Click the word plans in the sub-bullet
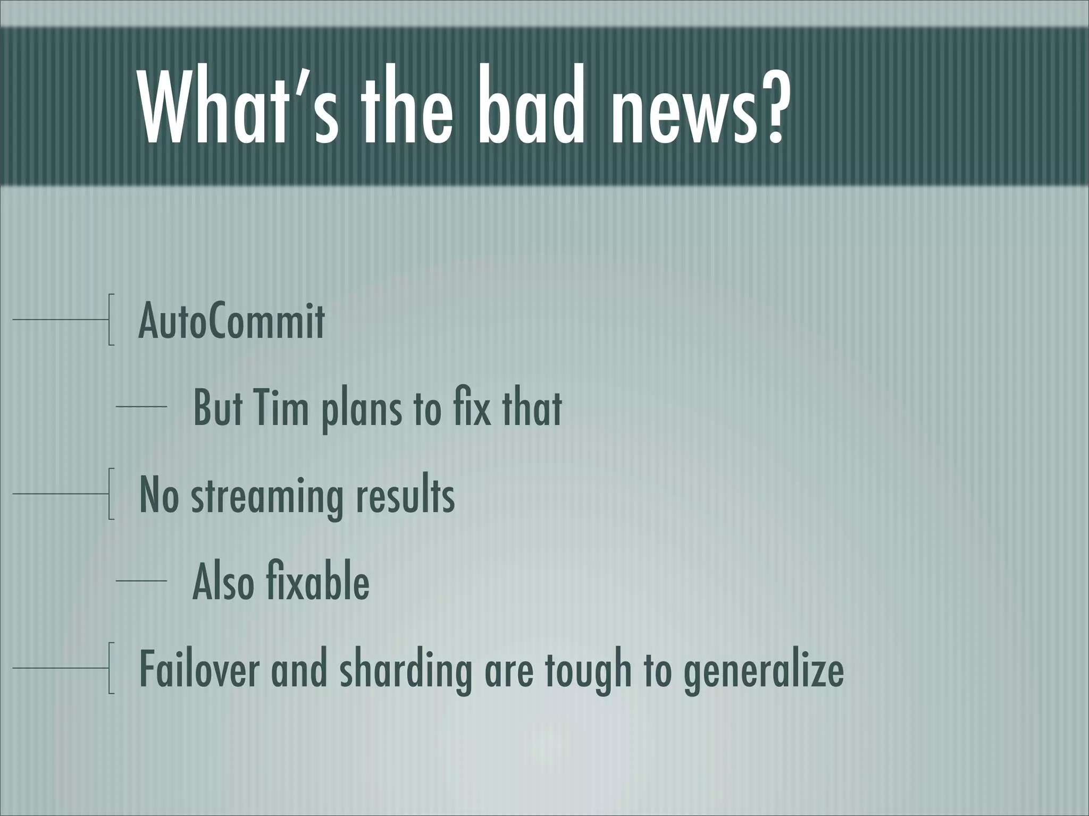pyautogui.click(x=362, y=409)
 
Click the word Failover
pyautogui.click(x=199, y=669)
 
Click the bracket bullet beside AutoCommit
pyautogui.click(x=111, y=319)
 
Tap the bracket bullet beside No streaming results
pyautogui.click(x=111, y=494)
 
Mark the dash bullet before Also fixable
pyautogui.click(x=141, y=581)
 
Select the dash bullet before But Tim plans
pyautogui.click(x=141, y=407)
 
